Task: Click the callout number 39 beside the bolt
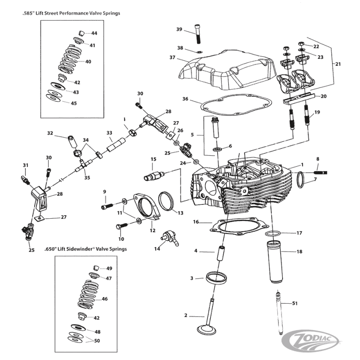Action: [x=179, y=30]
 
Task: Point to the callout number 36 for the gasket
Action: [x=185, y=99]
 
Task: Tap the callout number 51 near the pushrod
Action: [x=295, y=303]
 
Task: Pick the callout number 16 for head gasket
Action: [x=196, y=222]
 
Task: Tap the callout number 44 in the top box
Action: [x=94, y=33]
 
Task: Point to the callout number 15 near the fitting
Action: [x=153, y=159]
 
